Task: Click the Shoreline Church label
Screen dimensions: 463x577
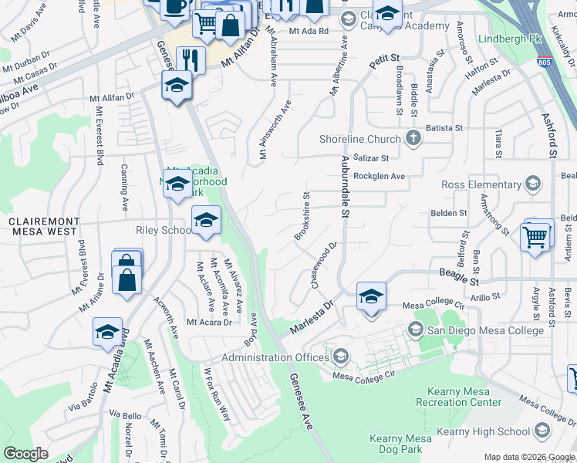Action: click(x=360, y=139)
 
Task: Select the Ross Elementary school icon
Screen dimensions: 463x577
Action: click(x=531, y=184)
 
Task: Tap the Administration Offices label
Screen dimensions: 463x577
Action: click(x=275, y=357)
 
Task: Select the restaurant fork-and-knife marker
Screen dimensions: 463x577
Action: click(x=191, y=60)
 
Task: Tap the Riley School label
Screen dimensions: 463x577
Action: click(x=163, y=230)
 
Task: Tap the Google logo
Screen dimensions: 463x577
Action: click(x=26, y=454)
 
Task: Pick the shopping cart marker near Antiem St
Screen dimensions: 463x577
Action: click(x=535, y=236)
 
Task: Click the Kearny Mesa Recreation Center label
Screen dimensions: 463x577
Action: click(x=458, y=397)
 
